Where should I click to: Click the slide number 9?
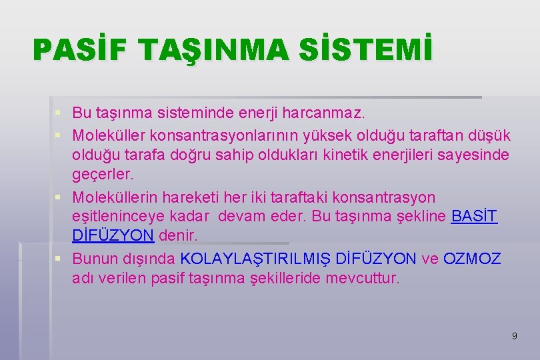click(x=514, y=336)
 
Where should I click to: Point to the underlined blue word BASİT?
click(x=474, y=217)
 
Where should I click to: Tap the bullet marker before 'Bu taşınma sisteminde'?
click(x=60, y=116)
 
